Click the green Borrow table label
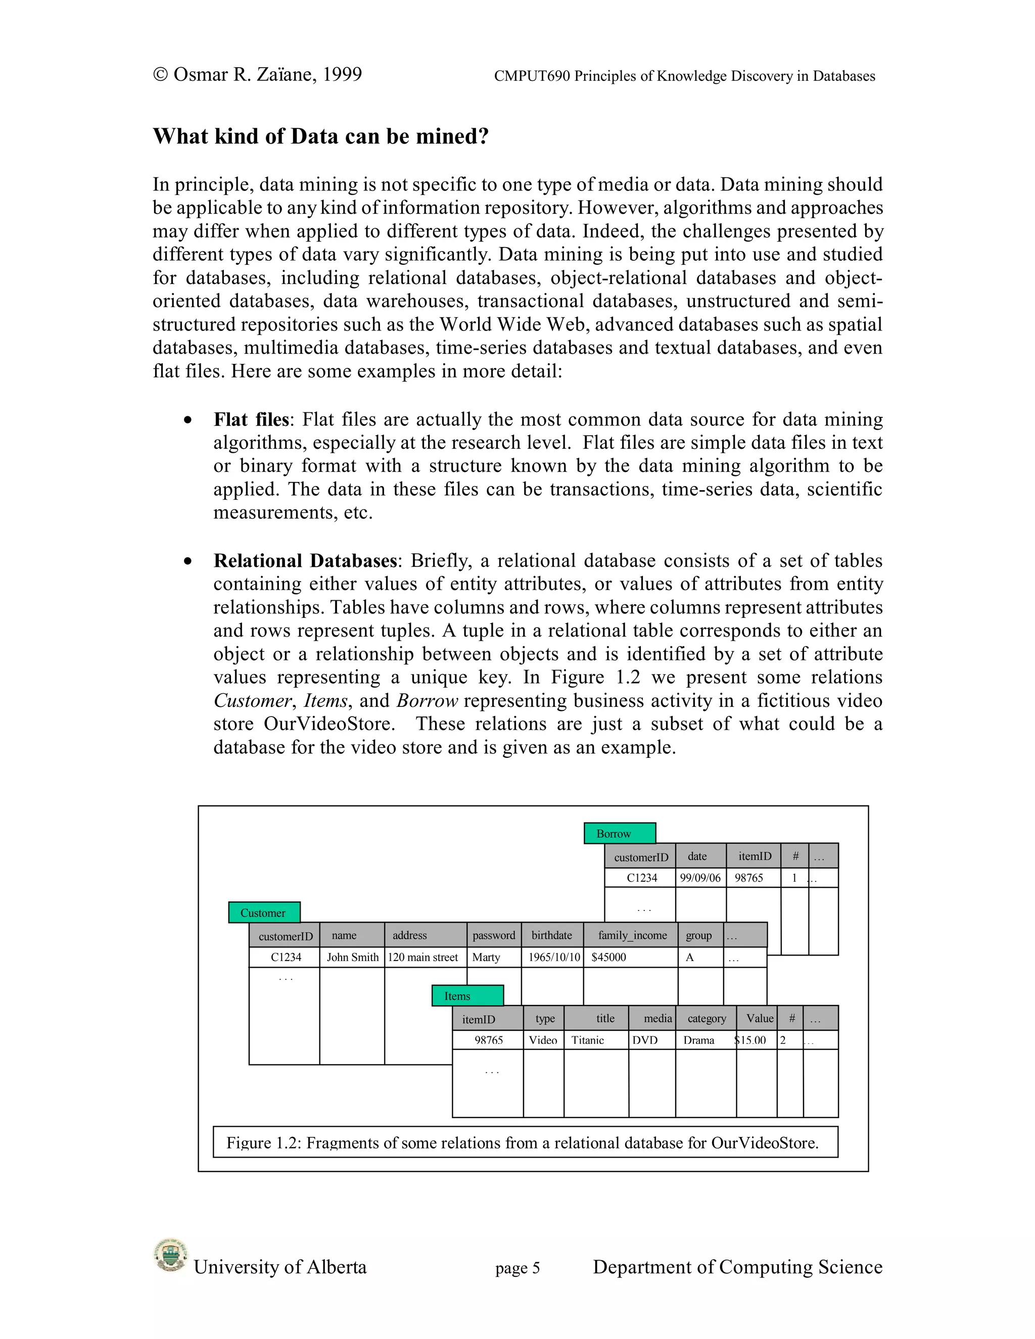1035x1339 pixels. [619, 833]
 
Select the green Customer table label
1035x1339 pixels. [264, 912]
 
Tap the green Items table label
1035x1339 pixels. [467, 996]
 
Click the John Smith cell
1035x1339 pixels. [353, 957]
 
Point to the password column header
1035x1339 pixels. [494, 935]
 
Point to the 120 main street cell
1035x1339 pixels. [423, 957]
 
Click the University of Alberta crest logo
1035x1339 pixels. [170, 1255]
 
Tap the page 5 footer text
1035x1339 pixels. [517, 1268]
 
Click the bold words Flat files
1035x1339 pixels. [251, 419]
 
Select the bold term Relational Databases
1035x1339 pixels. [305, 560]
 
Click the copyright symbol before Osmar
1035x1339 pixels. [161, 75]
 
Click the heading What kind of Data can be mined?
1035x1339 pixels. [321, 136]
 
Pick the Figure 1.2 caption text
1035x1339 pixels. [523, 1143]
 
